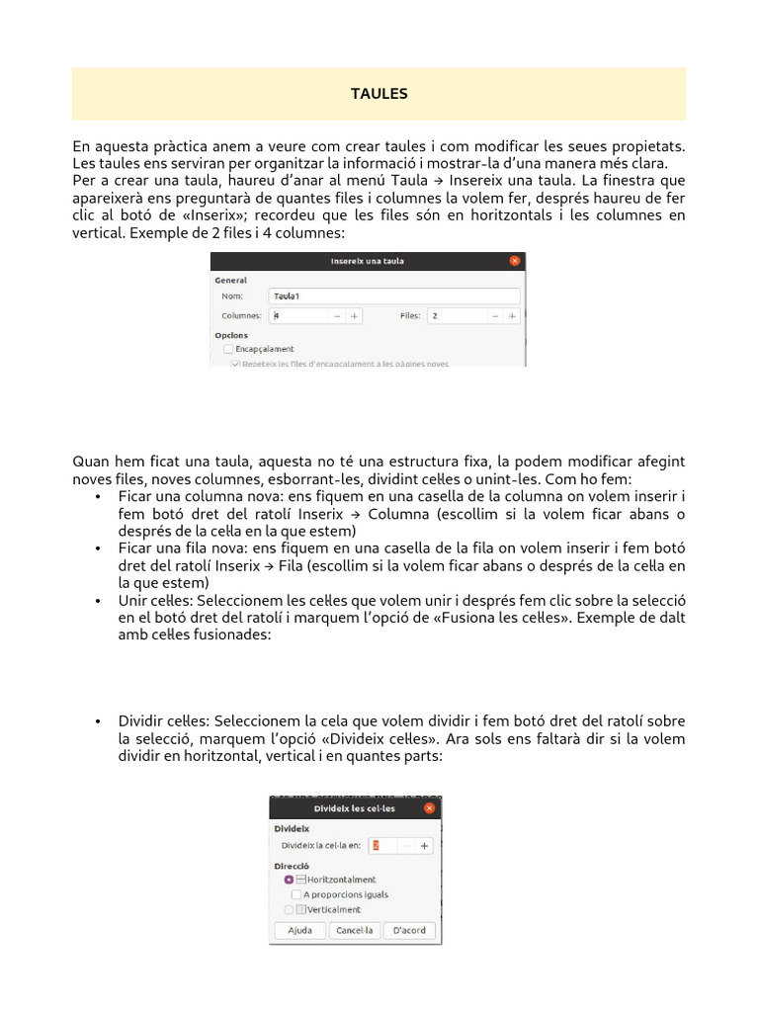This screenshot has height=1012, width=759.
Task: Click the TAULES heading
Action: coord(379,94)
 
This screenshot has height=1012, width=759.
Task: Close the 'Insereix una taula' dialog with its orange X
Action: coord(514,261)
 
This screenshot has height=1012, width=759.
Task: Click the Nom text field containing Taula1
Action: coord(393,295)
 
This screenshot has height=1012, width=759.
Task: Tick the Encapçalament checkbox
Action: coord(228,349)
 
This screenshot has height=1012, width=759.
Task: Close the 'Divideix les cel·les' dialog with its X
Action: coord(429,807)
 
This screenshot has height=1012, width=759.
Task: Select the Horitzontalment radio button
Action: coord(289,880)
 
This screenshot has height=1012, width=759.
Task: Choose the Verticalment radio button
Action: coord(289,909)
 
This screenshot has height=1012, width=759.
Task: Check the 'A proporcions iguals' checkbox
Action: coord(296,894)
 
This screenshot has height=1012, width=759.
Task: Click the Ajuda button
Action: coord(299,930)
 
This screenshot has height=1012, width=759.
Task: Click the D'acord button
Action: coord(409,930)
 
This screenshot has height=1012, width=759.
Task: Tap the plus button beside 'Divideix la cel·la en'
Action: coord(424,846)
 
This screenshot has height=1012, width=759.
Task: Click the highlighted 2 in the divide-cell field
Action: coord(376,846)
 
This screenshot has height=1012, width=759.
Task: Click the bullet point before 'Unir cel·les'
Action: coord(99,601)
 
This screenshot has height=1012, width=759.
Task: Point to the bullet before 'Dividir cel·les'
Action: coord(99,721)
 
